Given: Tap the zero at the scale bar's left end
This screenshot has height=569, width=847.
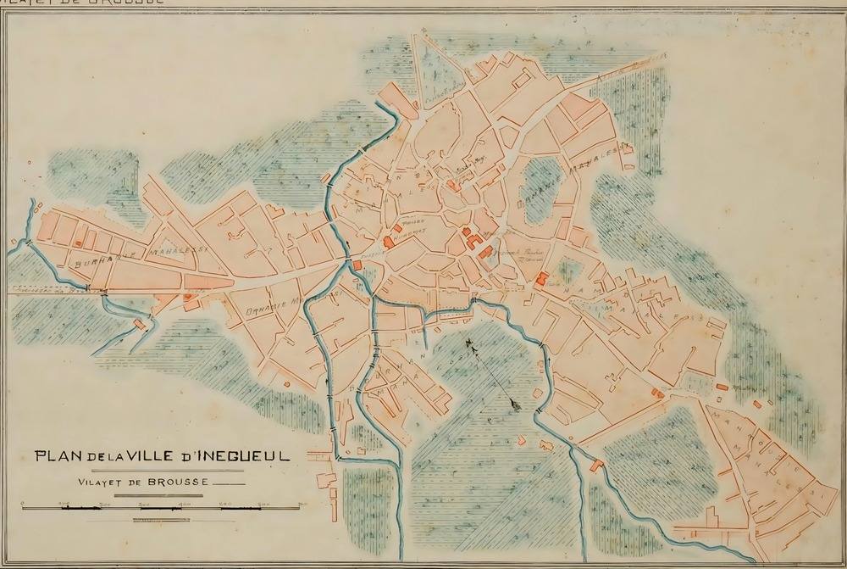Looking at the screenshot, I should (x=23, y=504).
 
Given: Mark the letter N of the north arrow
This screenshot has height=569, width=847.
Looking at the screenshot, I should (x=468, y=343).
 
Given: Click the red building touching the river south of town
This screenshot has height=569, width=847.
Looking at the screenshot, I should (x=600, y=465).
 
